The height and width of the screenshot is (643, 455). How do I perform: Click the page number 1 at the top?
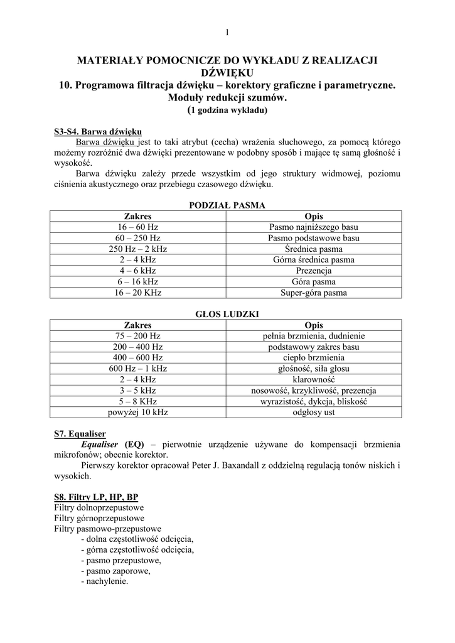tap(227, 33)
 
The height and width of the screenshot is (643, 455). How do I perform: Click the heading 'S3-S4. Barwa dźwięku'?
tap(98, 132)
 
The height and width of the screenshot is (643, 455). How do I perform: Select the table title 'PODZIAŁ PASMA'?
tap(227, 205)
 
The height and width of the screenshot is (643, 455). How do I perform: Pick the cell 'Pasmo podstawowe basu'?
tap(314, 238)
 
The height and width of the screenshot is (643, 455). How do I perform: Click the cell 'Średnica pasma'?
tap(314, 249)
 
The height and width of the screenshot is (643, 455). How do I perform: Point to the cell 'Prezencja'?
tap(314, 271)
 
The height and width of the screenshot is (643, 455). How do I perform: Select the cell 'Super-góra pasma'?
tap(314, 293)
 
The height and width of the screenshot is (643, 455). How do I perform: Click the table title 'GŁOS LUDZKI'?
tap(227, 314)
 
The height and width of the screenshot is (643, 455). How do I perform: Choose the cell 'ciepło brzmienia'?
tap(314, 358)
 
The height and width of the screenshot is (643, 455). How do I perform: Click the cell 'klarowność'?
tap(314, 380)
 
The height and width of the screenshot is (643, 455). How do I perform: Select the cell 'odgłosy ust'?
tap(314, 413)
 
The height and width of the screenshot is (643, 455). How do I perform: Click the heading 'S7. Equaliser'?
tap(80, 433)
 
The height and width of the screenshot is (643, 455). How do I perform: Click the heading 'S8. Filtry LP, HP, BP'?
tap(96, 497)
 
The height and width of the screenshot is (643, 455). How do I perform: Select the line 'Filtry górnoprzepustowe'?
tap(99, 518)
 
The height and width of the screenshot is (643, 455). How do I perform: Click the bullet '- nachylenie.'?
tap(105, 581)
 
